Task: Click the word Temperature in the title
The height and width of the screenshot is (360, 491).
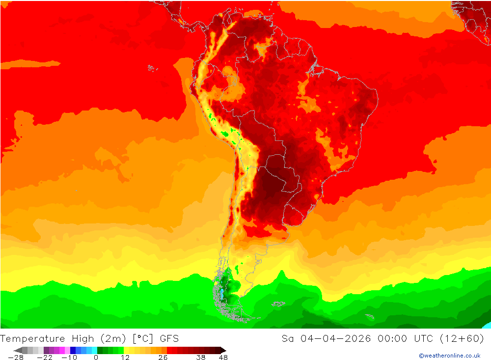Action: pos(32,338)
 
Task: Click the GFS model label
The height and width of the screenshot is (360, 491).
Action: pos(169,338)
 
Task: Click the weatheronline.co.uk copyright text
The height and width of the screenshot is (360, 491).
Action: pos(449,356)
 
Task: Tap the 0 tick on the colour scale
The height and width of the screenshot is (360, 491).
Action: pos(96,358)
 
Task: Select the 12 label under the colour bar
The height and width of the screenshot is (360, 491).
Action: pos(125,358)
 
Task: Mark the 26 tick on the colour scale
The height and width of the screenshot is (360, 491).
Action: pos(163,358)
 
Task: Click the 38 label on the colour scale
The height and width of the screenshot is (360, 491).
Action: pos(201,358)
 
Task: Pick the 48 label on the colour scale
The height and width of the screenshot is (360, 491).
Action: pos(223,358)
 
